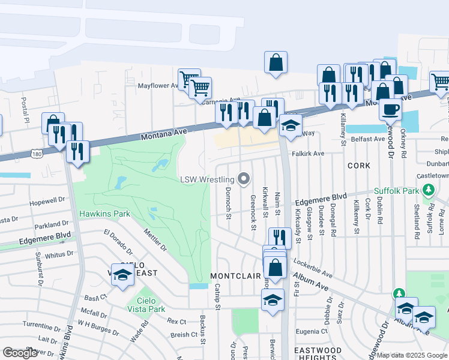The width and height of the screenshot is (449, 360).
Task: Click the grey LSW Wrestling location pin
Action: pos(244,179)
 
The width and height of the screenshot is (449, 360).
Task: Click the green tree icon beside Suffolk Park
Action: pos(428,191)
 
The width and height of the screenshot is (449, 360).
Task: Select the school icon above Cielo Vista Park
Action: pos(122,275)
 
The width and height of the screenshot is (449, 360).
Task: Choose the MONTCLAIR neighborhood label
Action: pos(235,276)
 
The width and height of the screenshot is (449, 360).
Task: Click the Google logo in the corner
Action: pos(20,353)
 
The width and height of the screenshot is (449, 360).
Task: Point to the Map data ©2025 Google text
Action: pos(412,355)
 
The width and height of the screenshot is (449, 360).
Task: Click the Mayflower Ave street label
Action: pos(158,86)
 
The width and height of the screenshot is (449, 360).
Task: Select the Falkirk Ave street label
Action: pos(308,154)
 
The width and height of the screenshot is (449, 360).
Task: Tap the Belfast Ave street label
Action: pos(367,139)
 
